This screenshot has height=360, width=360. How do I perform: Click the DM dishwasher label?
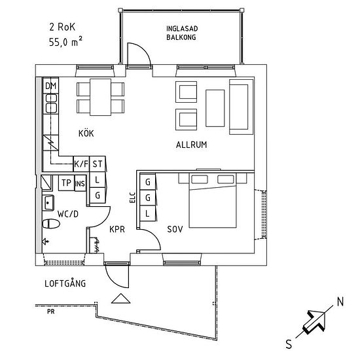(x=51, y=86)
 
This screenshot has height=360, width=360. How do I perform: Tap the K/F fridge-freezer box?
(x=81, y=164)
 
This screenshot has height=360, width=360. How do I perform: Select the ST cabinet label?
(x=98, y=164)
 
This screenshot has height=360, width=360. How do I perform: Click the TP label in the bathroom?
(x=66, y=183)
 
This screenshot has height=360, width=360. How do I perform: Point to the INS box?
(x=80, y=183)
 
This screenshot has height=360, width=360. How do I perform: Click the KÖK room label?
(x=86, y=134)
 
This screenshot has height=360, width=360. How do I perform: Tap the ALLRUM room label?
(x=192, y=145)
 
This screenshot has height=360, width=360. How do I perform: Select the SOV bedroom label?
(x=175, y=229)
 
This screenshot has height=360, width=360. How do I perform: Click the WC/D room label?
(x=68, y=214)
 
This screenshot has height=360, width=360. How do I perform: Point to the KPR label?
(x=117, y=229)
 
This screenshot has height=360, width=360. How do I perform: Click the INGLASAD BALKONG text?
(x=182, y=33)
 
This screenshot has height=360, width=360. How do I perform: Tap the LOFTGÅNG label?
(x=65, y=283)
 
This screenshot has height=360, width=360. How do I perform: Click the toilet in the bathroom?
(x=51, y=224)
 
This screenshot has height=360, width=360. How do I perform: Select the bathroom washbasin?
(x=48, y=203)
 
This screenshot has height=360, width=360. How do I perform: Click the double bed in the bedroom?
(x=213, y=200)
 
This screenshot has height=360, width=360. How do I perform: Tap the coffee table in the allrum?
(x=215, y=108)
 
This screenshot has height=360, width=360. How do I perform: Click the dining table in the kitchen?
(x=101, y=97)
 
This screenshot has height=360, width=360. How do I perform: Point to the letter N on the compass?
(x=340, y=302)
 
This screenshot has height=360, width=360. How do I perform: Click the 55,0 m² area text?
(x=65, y=42)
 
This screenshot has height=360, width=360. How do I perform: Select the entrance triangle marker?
(x=121, y=298)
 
